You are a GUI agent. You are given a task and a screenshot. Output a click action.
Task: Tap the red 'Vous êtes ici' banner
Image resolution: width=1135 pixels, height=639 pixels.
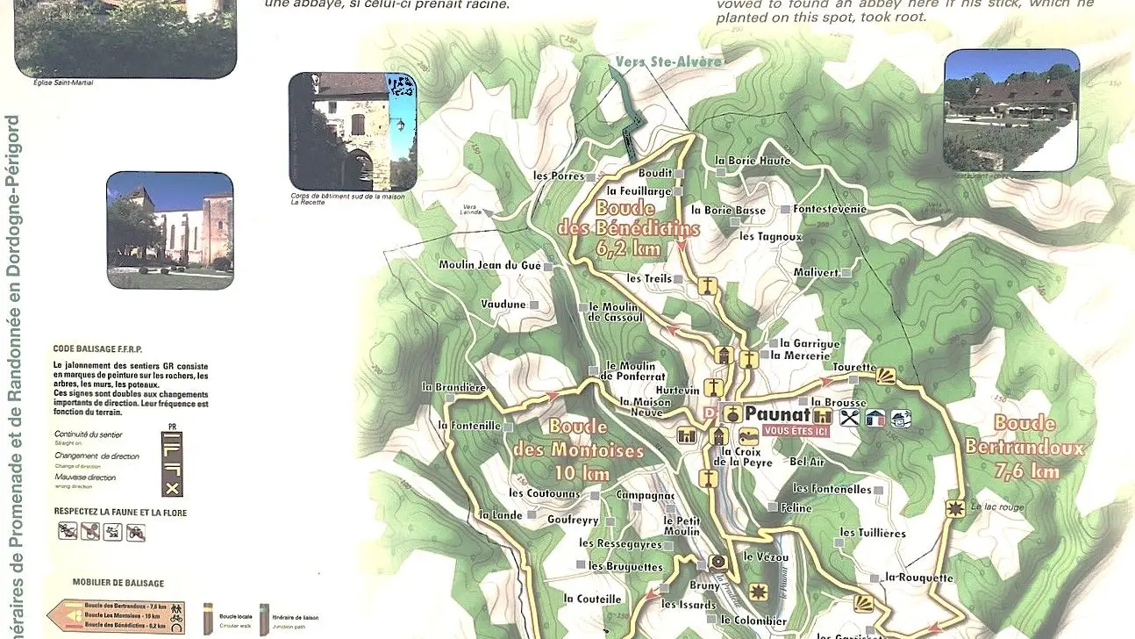pos(796,430)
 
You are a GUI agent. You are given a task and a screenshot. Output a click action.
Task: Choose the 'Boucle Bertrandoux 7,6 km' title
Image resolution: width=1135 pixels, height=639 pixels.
pos(1024,447)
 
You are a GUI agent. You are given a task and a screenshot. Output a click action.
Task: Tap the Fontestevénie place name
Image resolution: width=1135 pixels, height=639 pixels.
pos(830,209)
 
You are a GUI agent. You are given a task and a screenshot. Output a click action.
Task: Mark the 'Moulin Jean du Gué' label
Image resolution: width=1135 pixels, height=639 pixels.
pos(489,265)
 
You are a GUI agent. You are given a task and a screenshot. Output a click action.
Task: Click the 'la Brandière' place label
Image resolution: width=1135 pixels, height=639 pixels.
pos(453,386)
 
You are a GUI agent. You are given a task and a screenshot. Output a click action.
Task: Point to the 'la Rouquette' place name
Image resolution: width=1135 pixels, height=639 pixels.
pos(918,578)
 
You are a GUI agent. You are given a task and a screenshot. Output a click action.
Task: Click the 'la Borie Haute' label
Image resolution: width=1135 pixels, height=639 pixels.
pos(753,161)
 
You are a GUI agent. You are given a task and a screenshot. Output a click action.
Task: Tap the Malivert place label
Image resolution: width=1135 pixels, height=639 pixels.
pos(817,272)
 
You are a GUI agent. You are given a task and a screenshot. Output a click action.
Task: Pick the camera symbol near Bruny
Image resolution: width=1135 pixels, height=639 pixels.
pos(718,562)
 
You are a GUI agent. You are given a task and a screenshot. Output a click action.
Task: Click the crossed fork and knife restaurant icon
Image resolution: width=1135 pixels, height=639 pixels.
pos(848,418)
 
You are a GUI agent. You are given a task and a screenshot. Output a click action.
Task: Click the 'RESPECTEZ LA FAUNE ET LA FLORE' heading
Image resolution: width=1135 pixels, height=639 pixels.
pos(120,512)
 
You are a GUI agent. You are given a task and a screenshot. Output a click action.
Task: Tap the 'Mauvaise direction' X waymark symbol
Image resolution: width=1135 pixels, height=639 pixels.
pos(173,488)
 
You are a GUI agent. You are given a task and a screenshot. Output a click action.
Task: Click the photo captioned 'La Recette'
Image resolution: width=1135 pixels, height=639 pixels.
pos(353,132)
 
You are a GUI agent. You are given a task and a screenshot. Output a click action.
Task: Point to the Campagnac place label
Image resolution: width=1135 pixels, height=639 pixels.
pos(645,495)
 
